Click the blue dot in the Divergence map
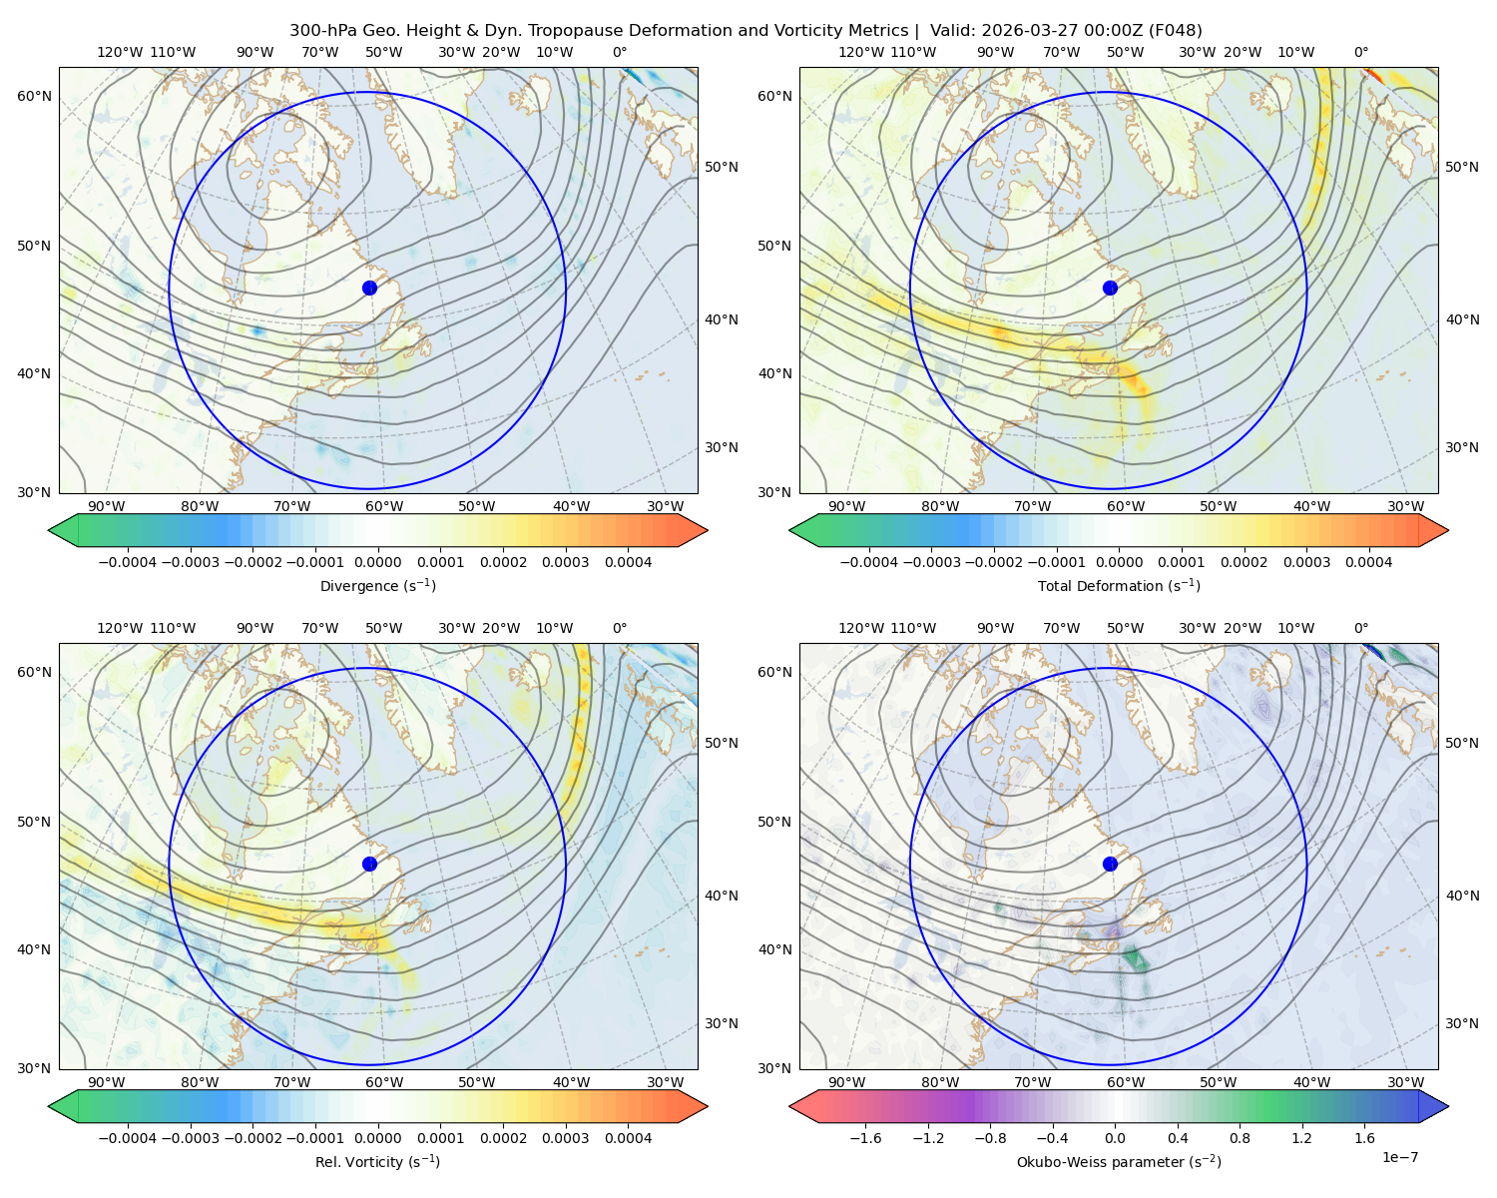click(369, 288)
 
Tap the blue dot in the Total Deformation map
click(1110, 288)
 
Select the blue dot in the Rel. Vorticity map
click(369, 864)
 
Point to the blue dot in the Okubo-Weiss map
click(1110, 864)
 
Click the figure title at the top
click(746, 31)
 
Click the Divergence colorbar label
click(377, 586)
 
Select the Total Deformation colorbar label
click(1119, 586)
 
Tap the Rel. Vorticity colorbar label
click(377, 1162)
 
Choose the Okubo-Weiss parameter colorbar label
click(1119, 1162)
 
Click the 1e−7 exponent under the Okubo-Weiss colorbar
click(1399, 1157)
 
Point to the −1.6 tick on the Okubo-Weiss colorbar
click(865, 1138)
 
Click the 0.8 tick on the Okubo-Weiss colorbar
click(1240, 1138)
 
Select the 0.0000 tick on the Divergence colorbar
click(377, 562)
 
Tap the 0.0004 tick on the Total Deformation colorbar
click(1368, 562)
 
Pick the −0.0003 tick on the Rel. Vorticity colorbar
click(190, 1138)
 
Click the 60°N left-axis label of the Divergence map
click(34, 96)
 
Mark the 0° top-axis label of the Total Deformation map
click(1360, 52)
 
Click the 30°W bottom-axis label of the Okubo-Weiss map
click(1405, 1082)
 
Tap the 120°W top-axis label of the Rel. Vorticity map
click(120, 628)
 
